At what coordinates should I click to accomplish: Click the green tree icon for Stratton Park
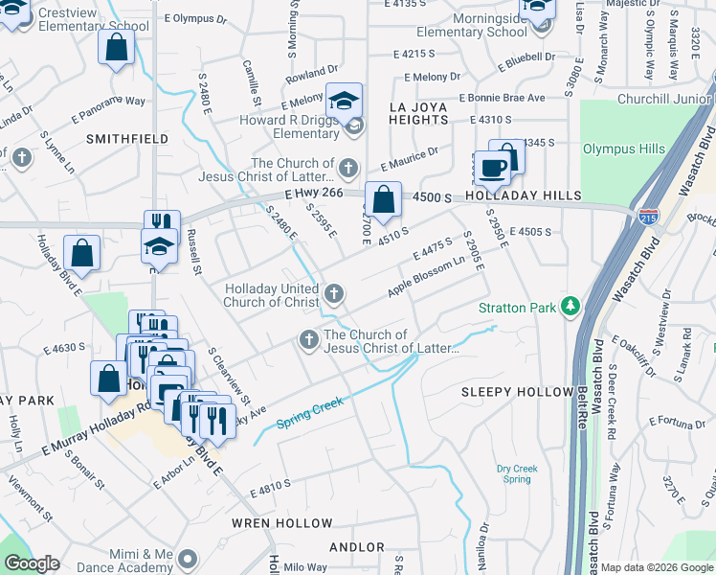(571, 306)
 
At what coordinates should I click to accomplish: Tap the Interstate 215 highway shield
(649, 218)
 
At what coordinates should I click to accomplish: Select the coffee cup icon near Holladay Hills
(493, 169)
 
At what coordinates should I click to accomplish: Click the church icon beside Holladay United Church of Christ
(333, 293)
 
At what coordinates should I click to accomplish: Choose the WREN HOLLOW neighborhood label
(282, 523)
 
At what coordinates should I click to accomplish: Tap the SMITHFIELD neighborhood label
(121, 138)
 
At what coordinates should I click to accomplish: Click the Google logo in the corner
(32, 563)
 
